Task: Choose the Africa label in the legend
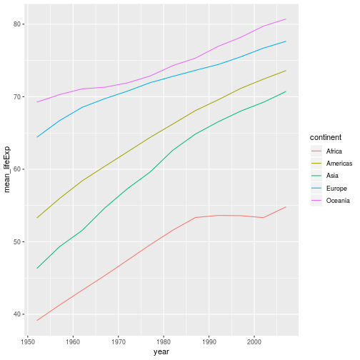pyautogui.click(x=334, y=151)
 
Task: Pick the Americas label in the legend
pyautogui.click(x=338, y=164)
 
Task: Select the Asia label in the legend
pyautogui.click(x=332, y=176)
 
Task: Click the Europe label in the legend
pyautogui.click(x=336, y=189)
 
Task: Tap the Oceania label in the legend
pyautogui.click(x=338, y=201)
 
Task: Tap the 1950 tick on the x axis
pyautogui.click(x=28, y=342)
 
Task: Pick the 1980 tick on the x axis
pyautogui.click(x=164, y=342)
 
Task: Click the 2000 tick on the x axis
pyautogui.click(x=254, y=342)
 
